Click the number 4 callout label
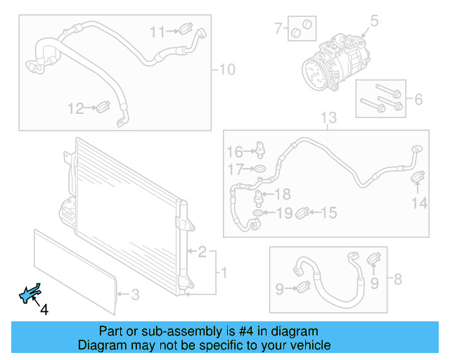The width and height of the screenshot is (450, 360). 44,309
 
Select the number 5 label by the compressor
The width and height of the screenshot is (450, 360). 375,21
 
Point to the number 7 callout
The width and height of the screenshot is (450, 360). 278,29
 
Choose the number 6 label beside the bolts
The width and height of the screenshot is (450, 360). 418,99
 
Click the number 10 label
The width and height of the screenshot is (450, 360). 227,70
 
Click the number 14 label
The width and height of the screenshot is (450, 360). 419,203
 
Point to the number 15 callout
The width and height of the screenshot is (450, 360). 329,212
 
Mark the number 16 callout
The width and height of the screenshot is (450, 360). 234,152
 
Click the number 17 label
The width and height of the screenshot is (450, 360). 234,169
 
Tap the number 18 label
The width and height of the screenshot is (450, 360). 282,194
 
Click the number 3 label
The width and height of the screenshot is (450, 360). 136,294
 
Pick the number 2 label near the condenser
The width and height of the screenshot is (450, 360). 202,252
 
